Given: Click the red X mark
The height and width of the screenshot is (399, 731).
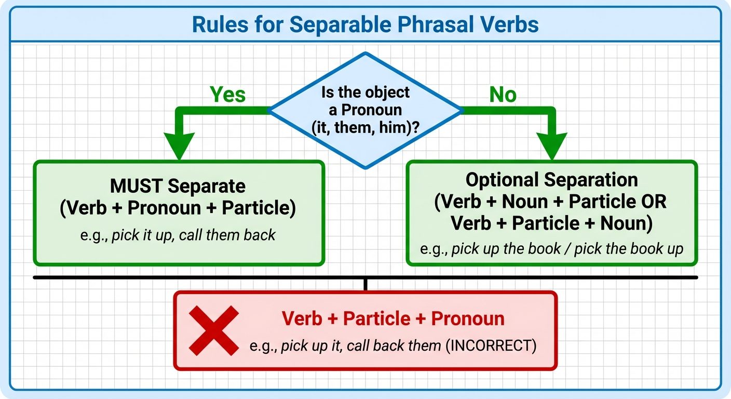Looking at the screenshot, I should [x=213, y=330].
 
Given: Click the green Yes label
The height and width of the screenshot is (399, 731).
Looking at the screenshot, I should [x=227, y=95].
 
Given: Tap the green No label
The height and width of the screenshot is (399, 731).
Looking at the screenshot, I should [x=503, y=95].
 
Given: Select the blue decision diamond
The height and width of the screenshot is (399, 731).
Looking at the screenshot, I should [x=365, y=110].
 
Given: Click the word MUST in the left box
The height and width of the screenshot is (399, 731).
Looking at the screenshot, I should [x=137, y=187].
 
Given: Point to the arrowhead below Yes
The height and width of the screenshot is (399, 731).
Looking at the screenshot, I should [x=179, y=145].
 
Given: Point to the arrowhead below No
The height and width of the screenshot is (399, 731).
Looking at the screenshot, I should [x=552, y=145].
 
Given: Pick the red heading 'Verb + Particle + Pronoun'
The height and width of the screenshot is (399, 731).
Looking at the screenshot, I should [x=393, y=318].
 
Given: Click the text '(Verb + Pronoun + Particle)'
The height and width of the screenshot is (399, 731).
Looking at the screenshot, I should [x=178, y=208].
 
